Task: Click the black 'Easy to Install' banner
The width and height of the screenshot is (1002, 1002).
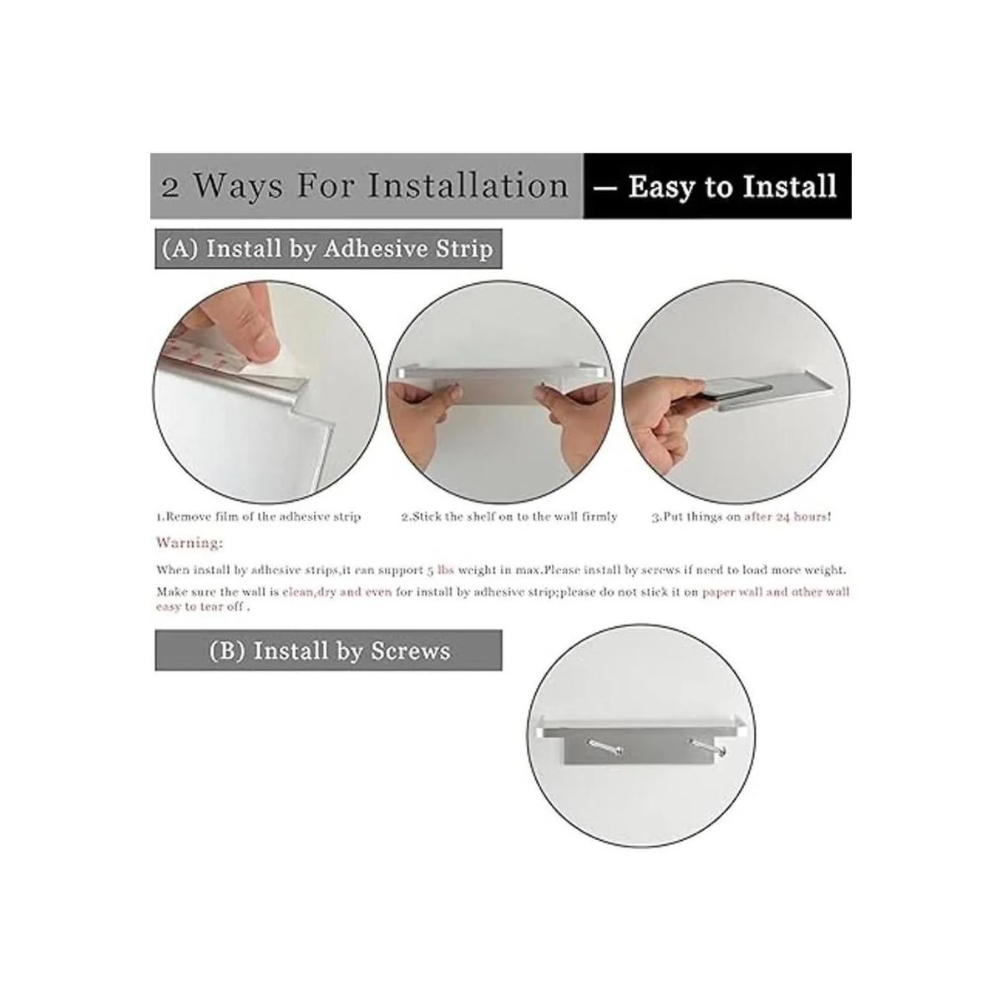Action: pos(716,185)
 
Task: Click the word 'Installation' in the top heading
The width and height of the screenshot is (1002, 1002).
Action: pos(468,185)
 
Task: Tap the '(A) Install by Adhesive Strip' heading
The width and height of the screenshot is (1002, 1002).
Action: pos(328,249)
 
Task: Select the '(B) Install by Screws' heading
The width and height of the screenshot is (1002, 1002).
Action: pos(328,650)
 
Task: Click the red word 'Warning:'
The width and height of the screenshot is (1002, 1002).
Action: pos(190,543)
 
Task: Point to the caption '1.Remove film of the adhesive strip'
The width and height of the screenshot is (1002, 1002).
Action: pos(258,517)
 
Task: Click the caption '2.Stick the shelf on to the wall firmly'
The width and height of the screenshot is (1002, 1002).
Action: pos(509,517)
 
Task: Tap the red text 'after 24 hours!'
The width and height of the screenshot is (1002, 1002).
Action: pos(787,517)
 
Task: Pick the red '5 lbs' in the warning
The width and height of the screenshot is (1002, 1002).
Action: pos(440,570)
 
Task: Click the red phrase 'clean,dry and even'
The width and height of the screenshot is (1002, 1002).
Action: pos(337,592)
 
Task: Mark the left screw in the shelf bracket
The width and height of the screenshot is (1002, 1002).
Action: pos(605,749)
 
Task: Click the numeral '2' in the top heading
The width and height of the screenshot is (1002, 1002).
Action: pos(170,187)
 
